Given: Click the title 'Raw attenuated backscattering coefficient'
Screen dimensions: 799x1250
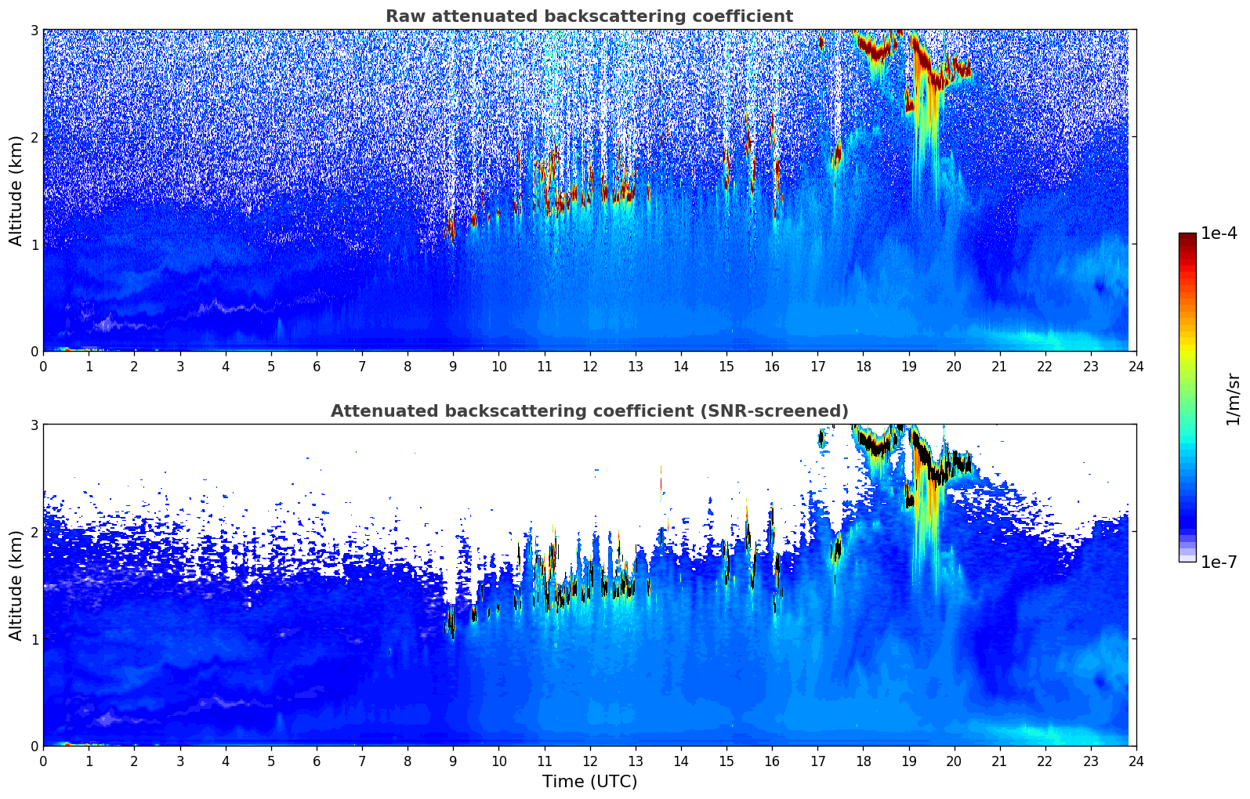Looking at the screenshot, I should pos(589,16).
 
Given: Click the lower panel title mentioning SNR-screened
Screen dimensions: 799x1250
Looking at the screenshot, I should pos(589,411).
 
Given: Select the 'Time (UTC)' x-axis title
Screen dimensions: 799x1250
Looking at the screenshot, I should pos(589,782).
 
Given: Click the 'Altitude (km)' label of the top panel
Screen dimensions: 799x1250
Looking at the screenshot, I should pos(16,190).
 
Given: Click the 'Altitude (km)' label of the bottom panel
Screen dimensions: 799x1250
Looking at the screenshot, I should pos(16,585).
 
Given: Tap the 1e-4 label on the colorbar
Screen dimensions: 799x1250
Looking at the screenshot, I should pos(1219,233).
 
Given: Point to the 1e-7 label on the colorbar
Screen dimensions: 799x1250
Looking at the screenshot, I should pos(1219,562).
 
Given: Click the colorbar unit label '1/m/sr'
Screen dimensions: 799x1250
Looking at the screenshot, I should pos(1233,398).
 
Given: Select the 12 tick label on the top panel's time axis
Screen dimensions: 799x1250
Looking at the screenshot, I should pos(590,367).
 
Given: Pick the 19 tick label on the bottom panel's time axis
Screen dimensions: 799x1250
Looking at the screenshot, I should pos(908,761).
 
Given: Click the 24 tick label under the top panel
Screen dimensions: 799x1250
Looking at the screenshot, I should pos(1136,367).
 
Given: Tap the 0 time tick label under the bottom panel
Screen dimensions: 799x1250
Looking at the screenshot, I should pos(43,761).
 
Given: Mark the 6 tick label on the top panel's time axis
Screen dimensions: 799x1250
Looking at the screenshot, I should pos(317,367).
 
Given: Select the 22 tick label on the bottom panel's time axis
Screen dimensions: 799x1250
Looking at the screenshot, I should pos(1045,761).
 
